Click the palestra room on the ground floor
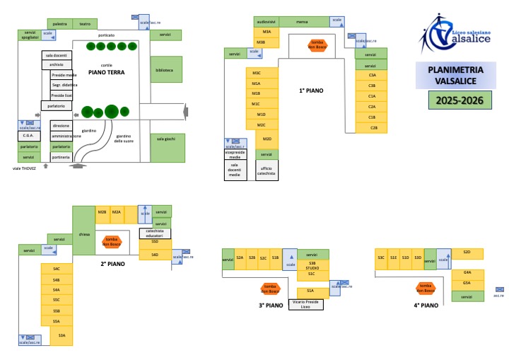pos(60,24)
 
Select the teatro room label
pos(85,24)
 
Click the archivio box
pos(57,64)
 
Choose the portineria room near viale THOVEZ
pos(60,157)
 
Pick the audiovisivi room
pos(267,22)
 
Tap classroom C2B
pos(373,128)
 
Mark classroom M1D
pos(261,114)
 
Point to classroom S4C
pos(56,269)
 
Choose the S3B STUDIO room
pos(312,266)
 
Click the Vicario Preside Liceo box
pos(307,303)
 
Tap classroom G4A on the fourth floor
pos(467,272)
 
